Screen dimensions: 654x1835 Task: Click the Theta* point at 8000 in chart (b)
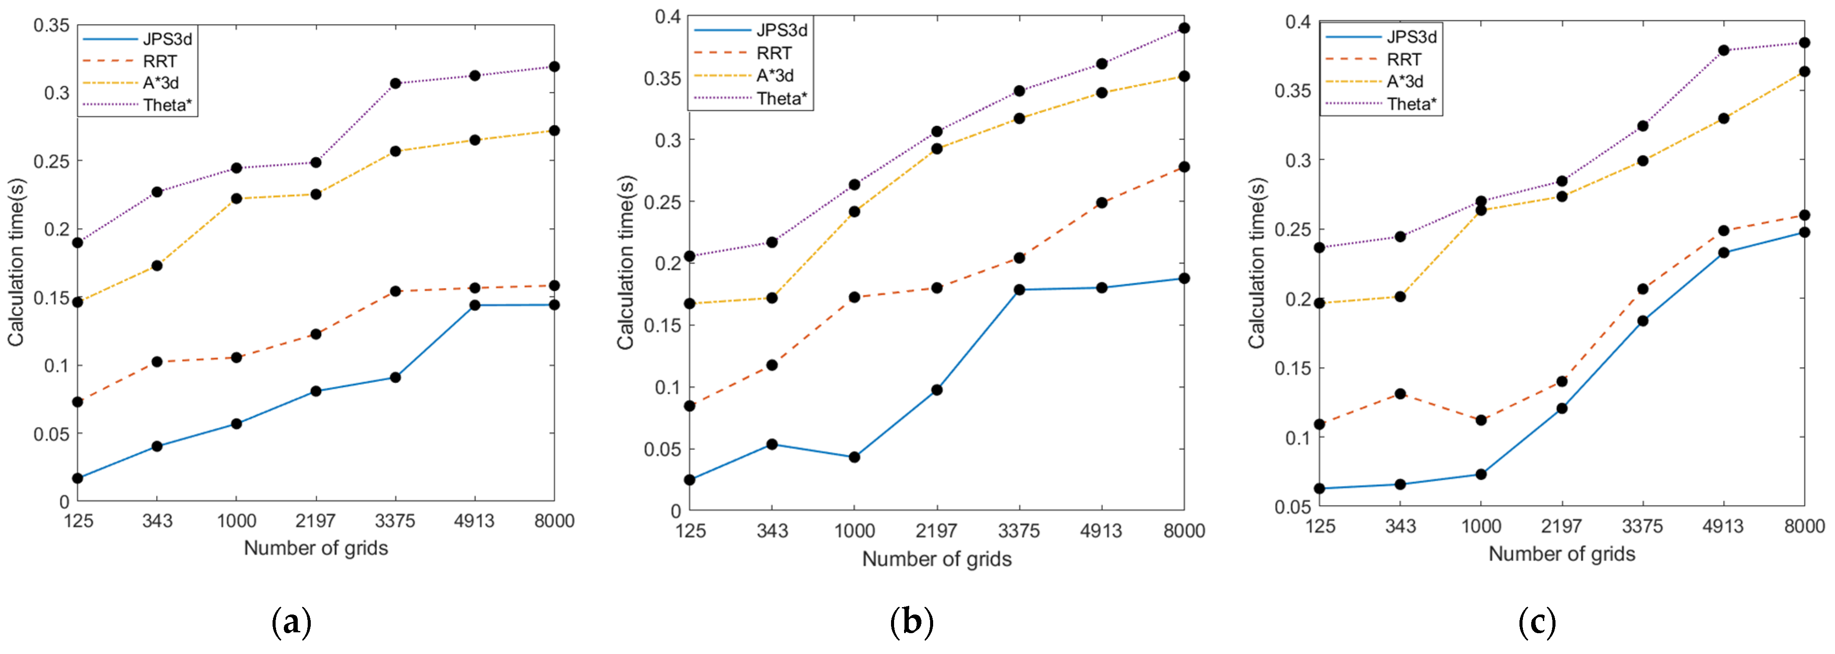(x=1184, y=29)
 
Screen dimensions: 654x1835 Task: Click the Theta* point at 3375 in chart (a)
(x=395, y=83)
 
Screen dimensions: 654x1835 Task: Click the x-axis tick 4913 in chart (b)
(x=1101, y=531)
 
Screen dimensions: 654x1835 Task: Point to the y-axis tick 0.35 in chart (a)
(x=51, y=26)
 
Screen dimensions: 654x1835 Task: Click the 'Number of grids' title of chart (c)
(x=1562, y=554)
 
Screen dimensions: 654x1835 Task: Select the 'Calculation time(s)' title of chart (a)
(x=16, y=262)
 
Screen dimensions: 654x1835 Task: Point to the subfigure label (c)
(x=1536, y=622)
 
